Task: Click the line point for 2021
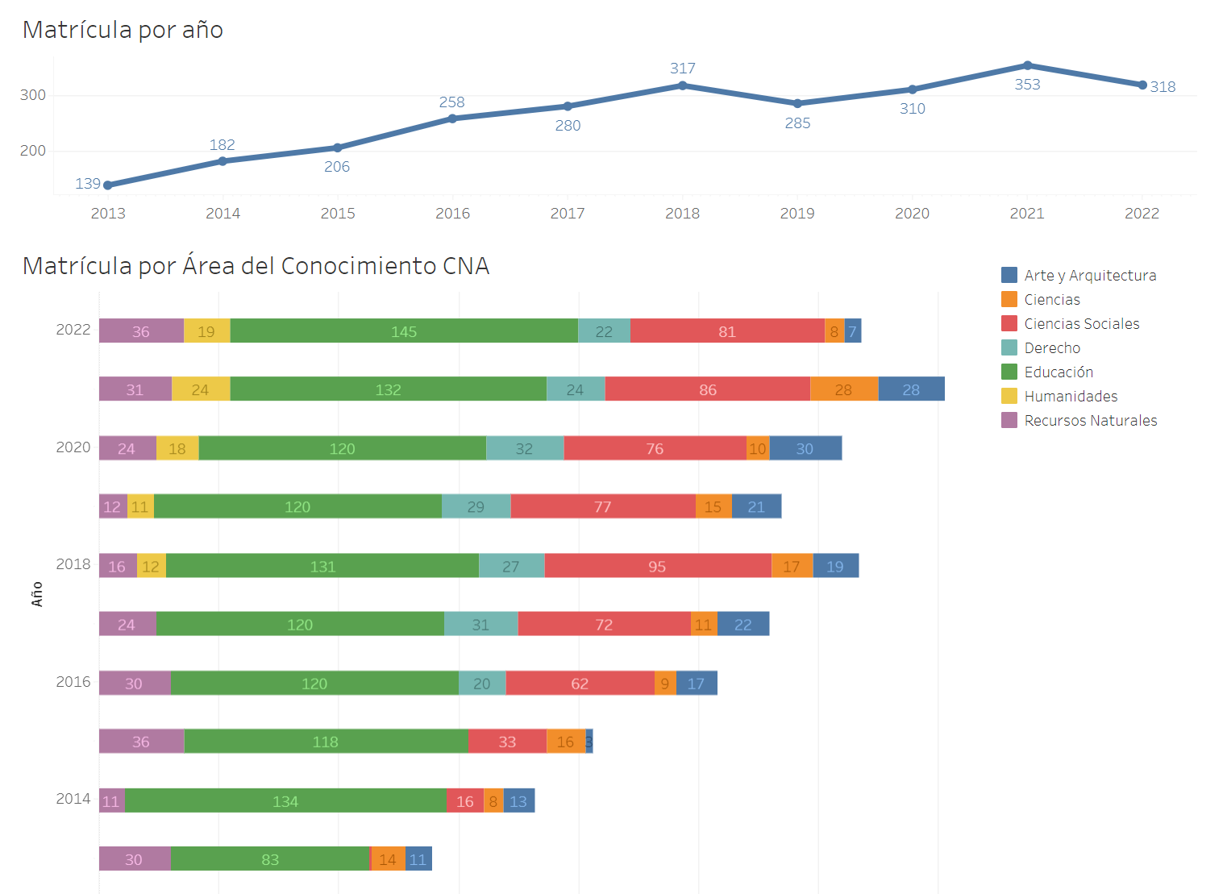click(1027, 65)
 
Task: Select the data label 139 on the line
click(87, 184)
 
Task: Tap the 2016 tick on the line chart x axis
click(452, 214)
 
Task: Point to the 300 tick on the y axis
click(33, 95)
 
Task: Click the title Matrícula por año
click(123, 30)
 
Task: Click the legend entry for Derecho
click(1051, 348)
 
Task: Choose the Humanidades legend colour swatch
click(1009, 396)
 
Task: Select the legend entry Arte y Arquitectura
click(1089, 276)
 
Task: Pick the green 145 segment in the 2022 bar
click(404, 331)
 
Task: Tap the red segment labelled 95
click(657, 566)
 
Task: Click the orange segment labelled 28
click(843, 389)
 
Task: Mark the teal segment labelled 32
click(524, 448)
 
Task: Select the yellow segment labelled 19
click(206, 331)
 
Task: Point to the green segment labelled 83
click(270, 859)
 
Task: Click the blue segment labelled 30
click(805, 448)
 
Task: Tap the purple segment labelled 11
click(111, 801)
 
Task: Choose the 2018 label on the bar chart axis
click(73, 564)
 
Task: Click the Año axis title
click(37, 594)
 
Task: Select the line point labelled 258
click(452, 119)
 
